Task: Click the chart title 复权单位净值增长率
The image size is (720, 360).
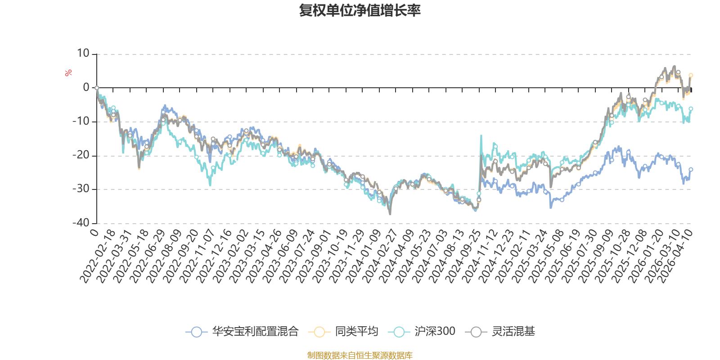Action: click(360, 10)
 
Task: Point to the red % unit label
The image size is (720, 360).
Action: click(68, 73)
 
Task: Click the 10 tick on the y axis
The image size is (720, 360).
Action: click(83, 54)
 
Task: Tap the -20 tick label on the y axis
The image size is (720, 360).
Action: click(81, 155)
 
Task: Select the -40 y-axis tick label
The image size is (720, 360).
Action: click(81, 223)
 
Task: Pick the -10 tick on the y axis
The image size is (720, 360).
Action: click(81, 121)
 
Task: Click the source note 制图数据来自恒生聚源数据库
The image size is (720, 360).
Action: click(360, 355)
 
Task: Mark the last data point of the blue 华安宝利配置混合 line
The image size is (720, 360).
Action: click(691, 169)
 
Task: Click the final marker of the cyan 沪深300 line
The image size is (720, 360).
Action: click(691, 109)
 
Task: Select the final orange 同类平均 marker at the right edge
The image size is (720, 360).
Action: click(691, 75)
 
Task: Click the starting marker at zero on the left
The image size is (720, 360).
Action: click(97, 88)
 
